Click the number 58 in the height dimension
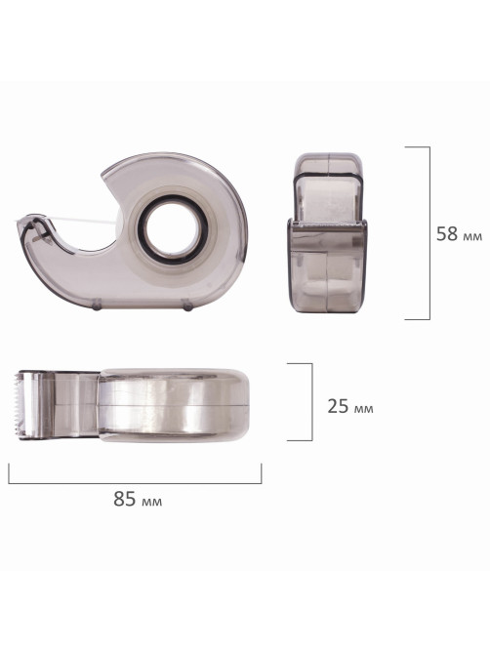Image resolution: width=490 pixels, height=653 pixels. pyautogui.click(x=447, y=234)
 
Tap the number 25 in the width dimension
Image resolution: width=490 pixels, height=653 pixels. pyautogui.click(x=338, y=406)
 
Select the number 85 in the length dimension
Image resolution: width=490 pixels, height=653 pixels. pyautogui.click(x=125, y=499)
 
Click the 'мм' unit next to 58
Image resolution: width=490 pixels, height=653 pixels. pyautogui.click(x=472, y=237)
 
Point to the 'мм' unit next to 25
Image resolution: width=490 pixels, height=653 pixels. pyautogui.click(x=363, y=409)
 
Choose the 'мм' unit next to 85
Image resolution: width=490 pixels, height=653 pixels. pyautogui.click(x=152, y=502)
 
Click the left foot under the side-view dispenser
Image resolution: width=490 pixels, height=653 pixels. pyautogui.click(x=97, y=306)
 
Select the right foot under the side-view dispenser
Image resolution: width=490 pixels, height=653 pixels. pyautogui.click(x=187, y=306)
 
